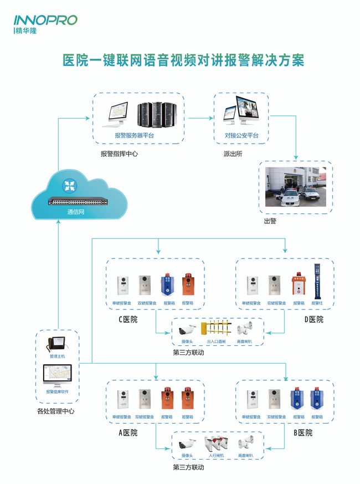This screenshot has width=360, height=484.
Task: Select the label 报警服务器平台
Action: [135, 135]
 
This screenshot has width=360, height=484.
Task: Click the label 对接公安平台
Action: [241, 135]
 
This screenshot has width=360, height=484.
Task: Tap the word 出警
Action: [270, 221]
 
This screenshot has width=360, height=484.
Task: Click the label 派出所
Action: [233, 154]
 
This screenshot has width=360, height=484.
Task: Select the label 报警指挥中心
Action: [119, 154]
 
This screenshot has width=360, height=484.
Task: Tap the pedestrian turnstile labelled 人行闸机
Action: [215, 444]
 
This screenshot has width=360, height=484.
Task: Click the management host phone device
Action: [58, 344]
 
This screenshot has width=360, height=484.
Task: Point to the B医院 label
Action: [302, 432]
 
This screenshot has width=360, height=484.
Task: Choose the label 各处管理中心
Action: [55, 411]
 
